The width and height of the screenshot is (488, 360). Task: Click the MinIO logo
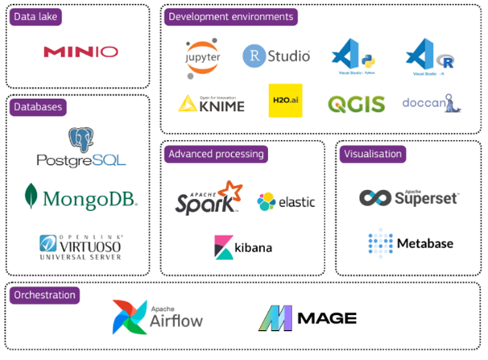click(x=81, y=52)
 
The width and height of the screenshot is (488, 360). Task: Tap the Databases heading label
click(x=39, y=106)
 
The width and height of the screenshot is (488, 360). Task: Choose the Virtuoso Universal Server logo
click(x=81, y=246)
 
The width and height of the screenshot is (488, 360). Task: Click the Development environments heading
click(x=230, y=16)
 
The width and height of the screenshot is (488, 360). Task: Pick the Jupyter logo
click(x=202, y=57)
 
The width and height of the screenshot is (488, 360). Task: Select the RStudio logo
click(x=276, y=56)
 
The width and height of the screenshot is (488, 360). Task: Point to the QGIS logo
click(x=356, y=104)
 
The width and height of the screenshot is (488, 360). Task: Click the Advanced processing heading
click(x=217, y=152)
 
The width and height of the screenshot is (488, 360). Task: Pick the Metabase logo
click(x=411, y=242)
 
